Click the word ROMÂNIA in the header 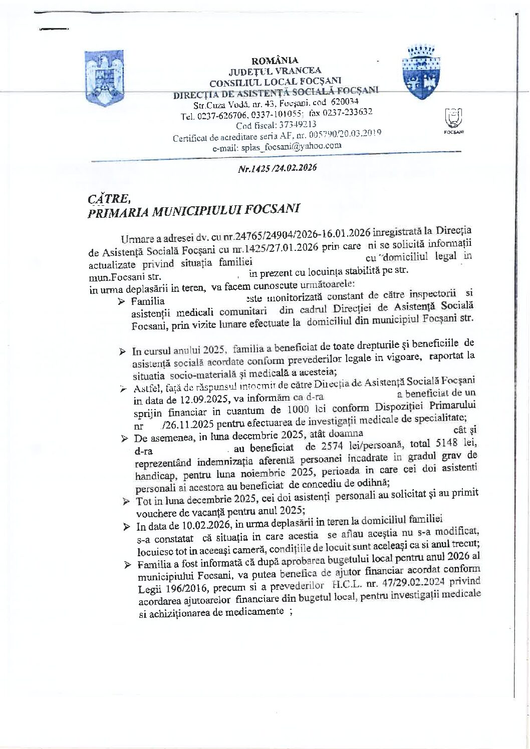tap(275, 61)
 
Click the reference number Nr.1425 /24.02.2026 tap(277, 168)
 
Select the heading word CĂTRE tap(105, 198)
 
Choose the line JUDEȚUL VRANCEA tap(275, 71)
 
